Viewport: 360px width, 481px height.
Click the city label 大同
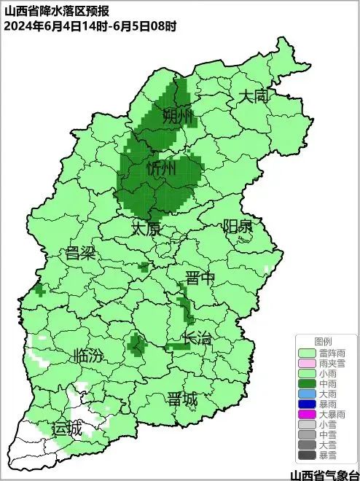pos(255,96)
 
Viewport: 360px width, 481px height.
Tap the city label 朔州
pos(177,116)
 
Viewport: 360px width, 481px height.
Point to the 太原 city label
pos(145,229)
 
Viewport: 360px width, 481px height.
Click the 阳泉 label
pos(238,226)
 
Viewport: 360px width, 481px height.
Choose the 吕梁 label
pos(81,254)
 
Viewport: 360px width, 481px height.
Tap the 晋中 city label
pos(200,278)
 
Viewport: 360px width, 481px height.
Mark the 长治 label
pos(197,338)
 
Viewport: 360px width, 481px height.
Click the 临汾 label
pos(89,356)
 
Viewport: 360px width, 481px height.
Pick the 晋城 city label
pos(181,399)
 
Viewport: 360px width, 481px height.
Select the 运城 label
pos(66,429)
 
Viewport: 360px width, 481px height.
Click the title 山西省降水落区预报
pos(50,9)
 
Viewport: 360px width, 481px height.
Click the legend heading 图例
pos(323,341)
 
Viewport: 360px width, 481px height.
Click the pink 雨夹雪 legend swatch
pos(308,363)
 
